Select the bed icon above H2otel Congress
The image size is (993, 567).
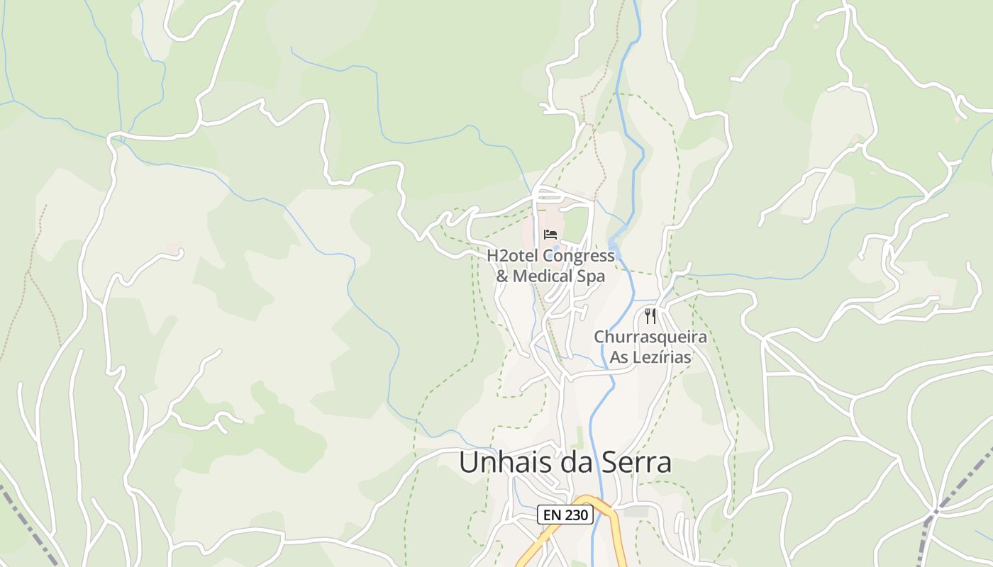click(550, 235)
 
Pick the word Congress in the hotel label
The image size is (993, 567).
click(578, 256)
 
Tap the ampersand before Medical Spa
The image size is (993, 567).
click(501, 276)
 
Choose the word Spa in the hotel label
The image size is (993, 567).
click(591, 276)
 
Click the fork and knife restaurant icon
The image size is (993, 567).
click(650, 315)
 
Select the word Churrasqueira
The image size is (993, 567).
click(650, 337)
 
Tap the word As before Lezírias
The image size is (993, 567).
click(619, 357)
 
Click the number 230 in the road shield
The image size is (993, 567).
click(577, 515)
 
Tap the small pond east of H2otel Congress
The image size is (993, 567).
click(614, 249)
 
